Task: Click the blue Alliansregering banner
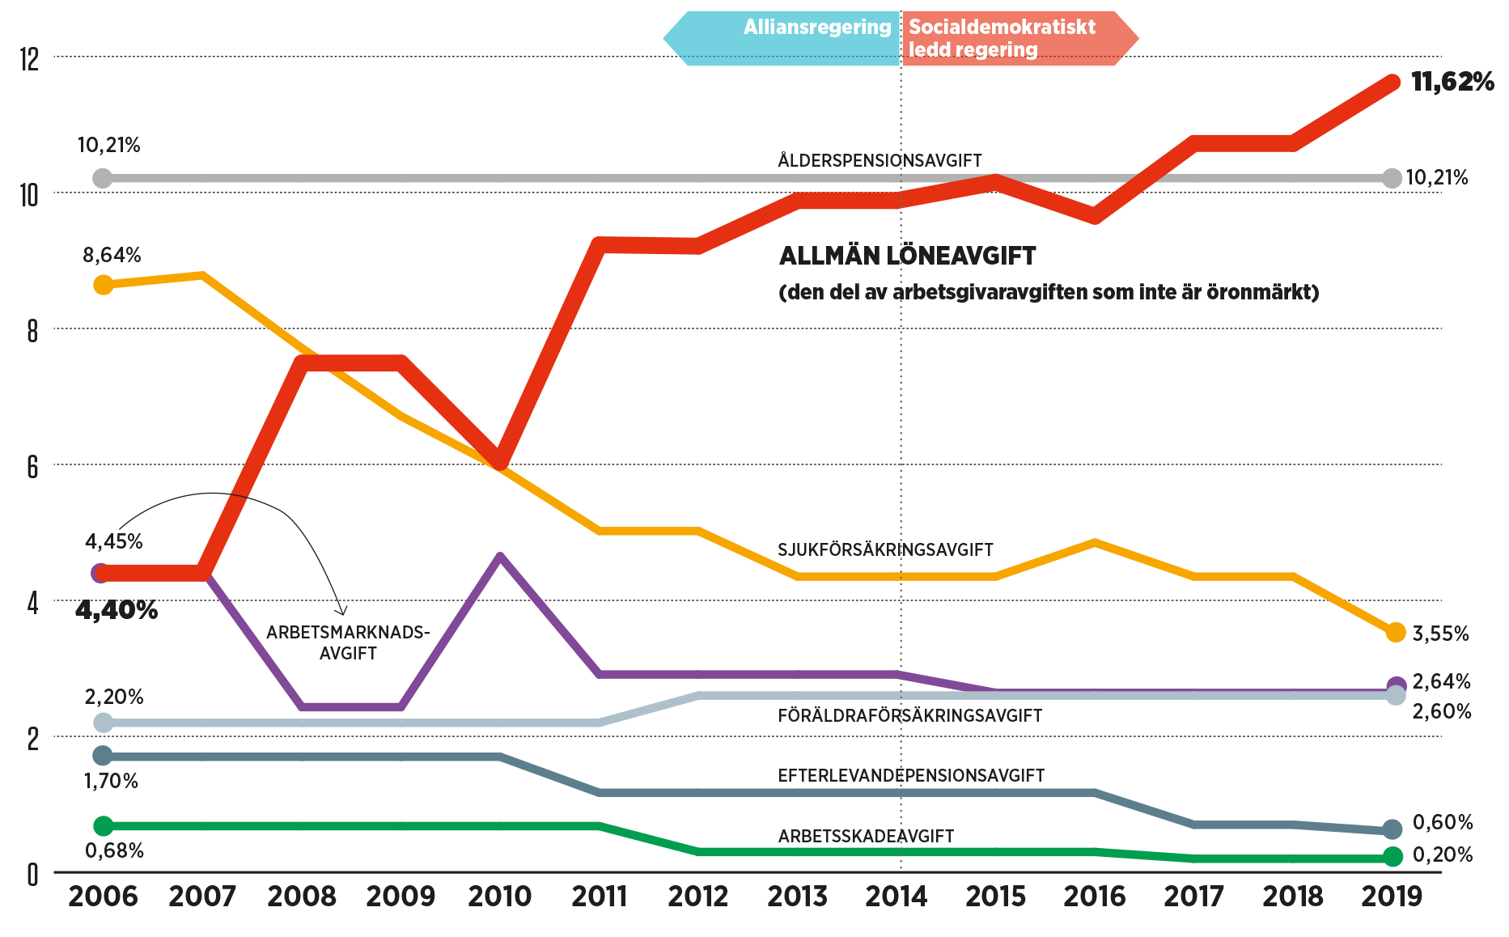pos(782,37)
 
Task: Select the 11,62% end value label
pos(1452,82)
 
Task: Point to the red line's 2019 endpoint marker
pos(1392,83)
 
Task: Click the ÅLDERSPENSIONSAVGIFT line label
pos(880,160)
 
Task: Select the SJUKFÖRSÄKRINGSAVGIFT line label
pos(884,549)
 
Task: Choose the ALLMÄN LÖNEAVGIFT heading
pos(907,257)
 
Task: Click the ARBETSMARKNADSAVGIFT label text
pos(348,642)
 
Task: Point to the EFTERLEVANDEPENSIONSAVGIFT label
pos(910,775)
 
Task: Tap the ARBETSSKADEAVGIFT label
pos(866,836)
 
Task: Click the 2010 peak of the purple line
pos(500,556)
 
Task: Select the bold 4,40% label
pos(117,610)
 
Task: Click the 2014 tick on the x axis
pos(896,895)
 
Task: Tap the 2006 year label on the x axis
pos(103,895)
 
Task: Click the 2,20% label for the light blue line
pos(114,697)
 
